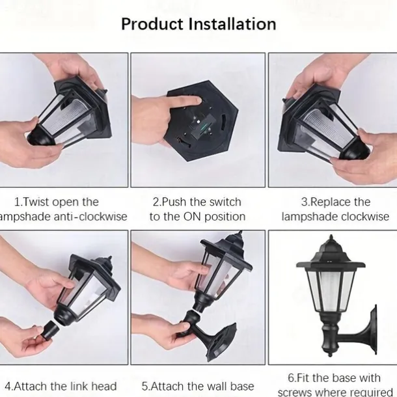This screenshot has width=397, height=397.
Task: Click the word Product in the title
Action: [x=152, y=24]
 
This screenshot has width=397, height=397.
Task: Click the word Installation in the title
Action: [x=233, y=24]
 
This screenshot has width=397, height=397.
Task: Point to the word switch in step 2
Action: [x=225, y=202]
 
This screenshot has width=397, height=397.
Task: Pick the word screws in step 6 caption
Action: [x=295, y=392]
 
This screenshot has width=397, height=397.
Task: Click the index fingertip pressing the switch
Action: [x=197, y=101]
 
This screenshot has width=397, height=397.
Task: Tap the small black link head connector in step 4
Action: [x=50, y=330]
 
